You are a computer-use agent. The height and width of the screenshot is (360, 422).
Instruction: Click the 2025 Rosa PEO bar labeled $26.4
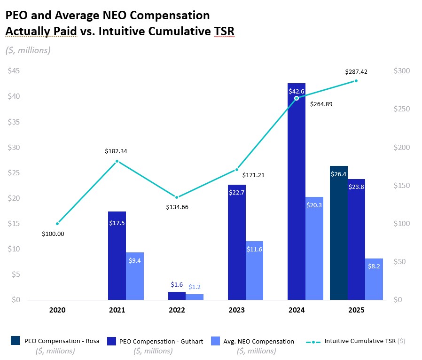pyautogui.click(x=339, y=233)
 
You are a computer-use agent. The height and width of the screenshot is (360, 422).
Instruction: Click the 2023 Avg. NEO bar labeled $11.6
pyautogui.click(x=254, y=270)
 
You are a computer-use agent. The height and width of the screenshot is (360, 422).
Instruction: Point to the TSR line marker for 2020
pyautogui.click(x=57, y=224)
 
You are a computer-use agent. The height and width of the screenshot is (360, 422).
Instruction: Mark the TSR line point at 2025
pyautogui.click(x=356, y=81)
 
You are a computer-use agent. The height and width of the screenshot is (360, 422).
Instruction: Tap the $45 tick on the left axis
pyautogui.click(x=14, y=71)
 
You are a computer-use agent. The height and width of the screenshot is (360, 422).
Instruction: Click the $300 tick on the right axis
pyautogui.click(x=402, y=71)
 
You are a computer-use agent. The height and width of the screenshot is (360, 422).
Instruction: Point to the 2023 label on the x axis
pyautogui.click(x=237, y=310)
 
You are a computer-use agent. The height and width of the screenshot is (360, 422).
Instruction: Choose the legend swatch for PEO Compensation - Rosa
pyautogui.click(x=15, y=341)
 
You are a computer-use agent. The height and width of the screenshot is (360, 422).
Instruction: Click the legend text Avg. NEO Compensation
pyautogui.click(x=266, y=342)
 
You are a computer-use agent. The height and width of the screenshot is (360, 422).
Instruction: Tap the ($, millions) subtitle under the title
pyautogui.click(x=28, y=50)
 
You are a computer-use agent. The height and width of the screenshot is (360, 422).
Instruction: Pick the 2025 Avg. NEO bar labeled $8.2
pyautogui.click(x=374, y=279)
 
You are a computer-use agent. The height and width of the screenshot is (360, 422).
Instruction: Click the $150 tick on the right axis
pyautogui.click(x=402, y=186)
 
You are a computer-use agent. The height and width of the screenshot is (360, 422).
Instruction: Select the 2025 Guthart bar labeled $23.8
pyautogui.click(x=356, y=239)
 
